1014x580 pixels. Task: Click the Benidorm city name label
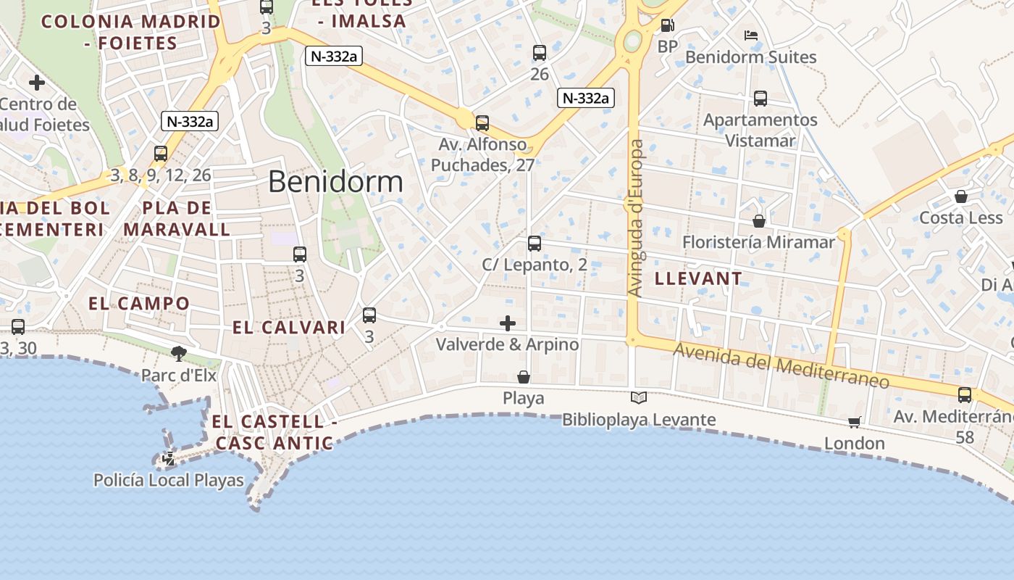click(335, 181)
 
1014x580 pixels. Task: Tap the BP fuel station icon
click(667, 26)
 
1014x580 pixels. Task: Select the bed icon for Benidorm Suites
click(751, 35)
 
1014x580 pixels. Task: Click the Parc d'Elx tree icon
click(178, 354)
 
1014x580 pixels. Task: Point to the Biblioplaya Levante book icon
click(638, 397)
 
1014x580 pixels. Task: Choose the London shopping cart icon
click(855, 422)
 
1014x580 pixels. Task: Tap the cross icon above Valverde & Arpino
click(508, 323)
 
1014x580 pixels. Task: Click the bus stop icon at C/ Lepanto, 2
click(535, 244)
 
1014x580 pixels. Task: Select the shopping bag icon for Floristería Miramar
click(758, 220)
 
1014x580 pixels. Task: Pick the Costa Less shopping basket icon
click(960, 196)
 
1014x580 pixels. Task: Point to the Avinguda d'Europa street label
click(635, 217)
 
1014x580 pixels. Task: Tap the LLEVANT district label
click(698, 278)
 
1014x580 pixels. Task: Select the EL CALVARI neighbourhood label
click(289, 328)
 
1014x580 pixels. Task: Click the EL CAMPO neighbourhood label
click(139, 303)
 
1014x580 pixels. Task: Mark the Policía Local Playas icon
click(169, 458)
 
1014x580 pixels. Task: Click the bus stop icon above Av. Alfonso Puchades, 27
click(482, 123)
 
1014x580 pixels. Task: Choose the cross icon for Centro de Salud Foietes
click(37, 82)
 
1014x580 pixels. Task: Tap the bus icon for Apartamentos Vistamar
click(760, 99)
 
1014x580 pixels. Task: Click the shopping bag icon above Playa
click(523, 377)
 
